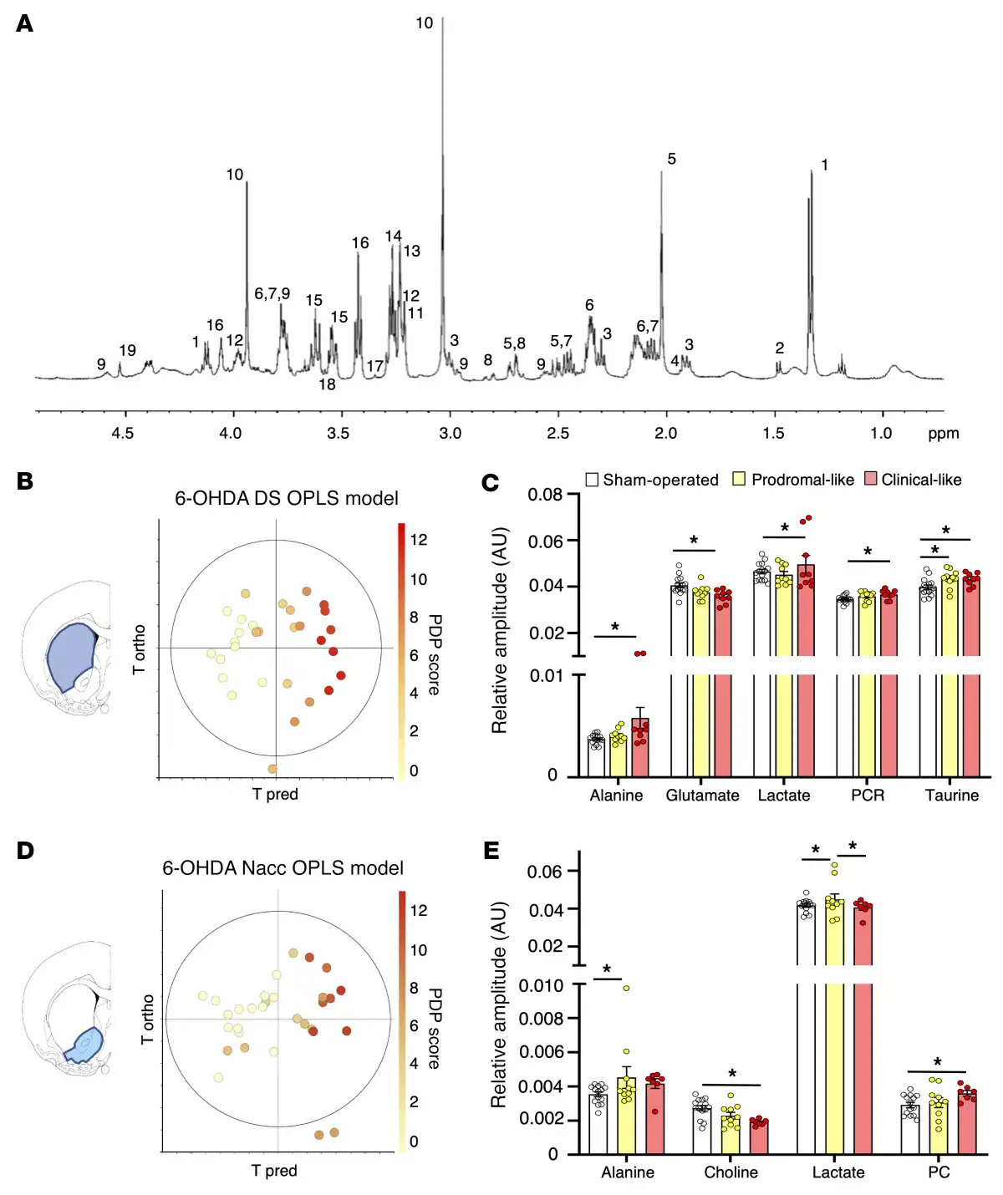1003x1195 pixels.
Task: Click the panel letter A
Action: coord(25,23)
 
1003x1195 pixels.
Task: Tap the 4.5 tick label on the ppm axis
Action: coord(123,433)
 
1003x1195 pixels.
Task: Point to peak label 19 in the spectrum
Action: coord(127,350)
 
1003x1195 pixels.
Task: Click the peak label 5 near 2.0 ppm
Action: coord(671,159)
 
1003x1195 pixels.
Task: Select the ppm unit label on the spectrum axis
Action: coord(943,433)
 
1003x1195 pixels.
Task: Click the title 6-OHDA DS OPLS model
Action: coord(286,498)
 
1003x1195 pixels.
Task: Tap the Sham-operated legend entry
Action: coord(652,480)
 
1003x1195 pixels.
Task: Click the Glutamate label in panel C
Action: coord(702,796)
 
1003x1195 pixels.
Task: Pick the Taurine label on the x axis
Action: coord(951,796)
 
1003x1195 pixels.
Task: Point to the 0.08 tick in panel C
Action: coord(545,495)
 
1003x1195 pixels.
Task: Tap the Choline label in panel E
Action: coord(731,1172)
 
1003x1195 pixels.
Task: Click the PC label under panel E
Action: coord(939,1172)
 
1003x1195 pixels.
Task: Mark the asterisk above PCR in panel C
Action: coord(868,552)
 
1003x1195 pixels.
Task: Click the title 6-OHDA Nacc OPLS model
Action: coord(283,868)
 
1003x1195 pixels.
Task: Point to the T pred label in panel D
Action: coord(274,1171)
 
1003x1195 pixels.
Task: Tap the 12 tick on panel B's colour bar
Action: coord(419,540)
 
